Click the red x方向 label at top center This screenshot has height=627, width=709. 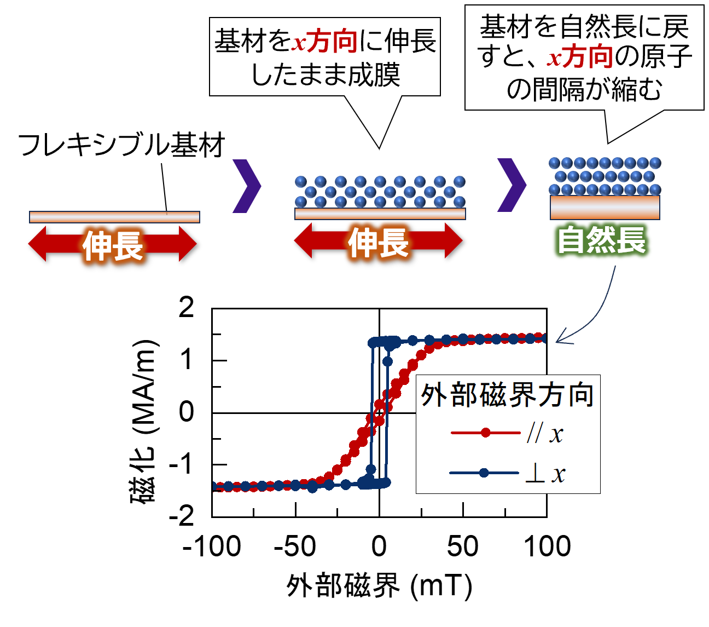coord(324,42)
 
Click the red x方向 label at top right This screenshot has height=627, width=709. coord(580,57)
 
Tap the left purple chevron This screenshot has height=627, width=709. coord(246,186)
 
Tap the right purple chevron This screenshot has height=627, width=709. coord(511,185)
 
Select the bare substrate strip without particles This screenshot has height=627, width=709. coord(114,217)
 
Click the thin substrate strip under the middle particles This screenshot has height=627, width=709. coord(380,214)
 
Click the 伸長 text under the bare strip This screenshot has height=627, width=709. coord(113,245)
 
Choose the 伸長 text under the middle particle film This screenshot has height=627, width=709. coord(379,243)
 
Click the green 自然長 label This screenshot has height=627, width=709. coord(601,240)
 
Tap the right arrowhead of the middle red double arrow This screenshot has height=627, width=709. coord(454,240)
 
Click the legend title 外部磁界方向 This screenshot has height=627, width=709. coord(507,395)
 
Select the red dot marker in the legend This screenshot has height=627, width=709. coord(486,433)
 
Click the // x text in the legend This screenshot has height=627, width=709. coord(545,434)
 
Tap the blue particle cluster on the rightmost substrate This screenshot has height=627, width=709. coord(605,176)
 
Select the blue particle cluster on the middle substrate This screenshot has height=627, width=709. coord(380,192)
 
